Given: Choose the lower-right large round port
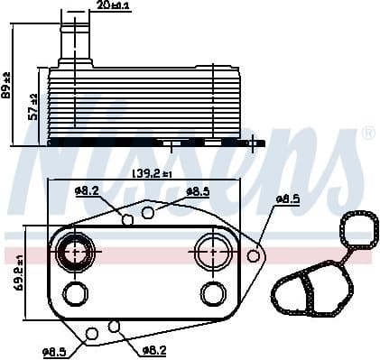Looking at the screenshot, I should (213, 293).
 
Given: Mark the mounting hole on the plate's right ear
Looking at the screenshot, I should (254, 256).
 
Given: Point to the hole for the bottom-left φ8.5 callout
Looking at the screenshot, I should (91, 336).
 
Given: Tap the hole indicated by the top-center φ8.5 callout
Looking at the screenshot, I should (148, 213).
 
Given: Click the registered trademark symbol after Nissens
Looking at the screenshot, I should (367, 134).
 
